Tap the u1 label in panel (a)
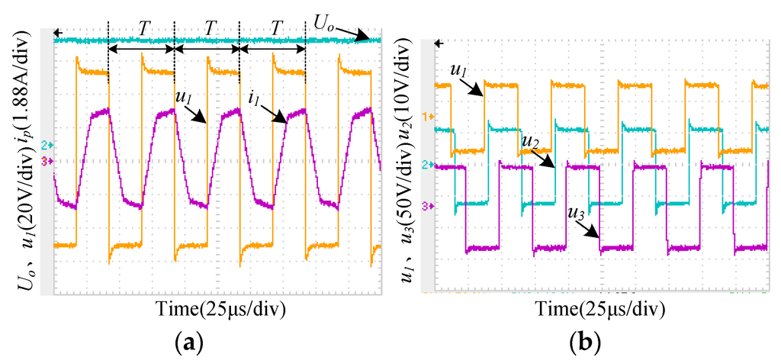click(x=175, y=98)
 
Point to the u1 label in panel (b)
click(x=459, y=71)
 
